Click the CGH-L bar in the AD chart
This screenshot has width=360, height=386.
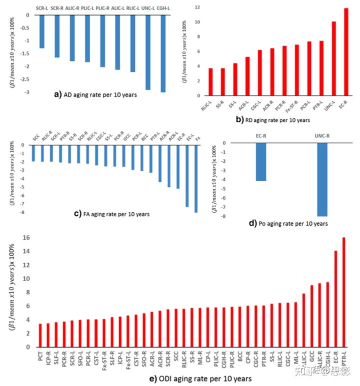[163, 53]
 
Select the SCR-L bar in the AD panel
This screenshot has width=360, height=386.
[42, 31]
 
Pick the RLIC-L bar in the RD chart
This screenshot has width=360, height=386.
[210, 82]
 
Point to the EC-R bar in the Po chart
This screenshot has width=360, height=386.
[260, 162]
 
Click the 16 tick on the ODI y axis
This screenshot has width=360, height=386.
[27, 238]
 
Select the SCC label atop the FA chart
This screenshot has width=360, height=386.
[36, 137]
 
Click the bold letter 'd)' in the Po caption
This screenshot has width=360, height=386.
[253, 224]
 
